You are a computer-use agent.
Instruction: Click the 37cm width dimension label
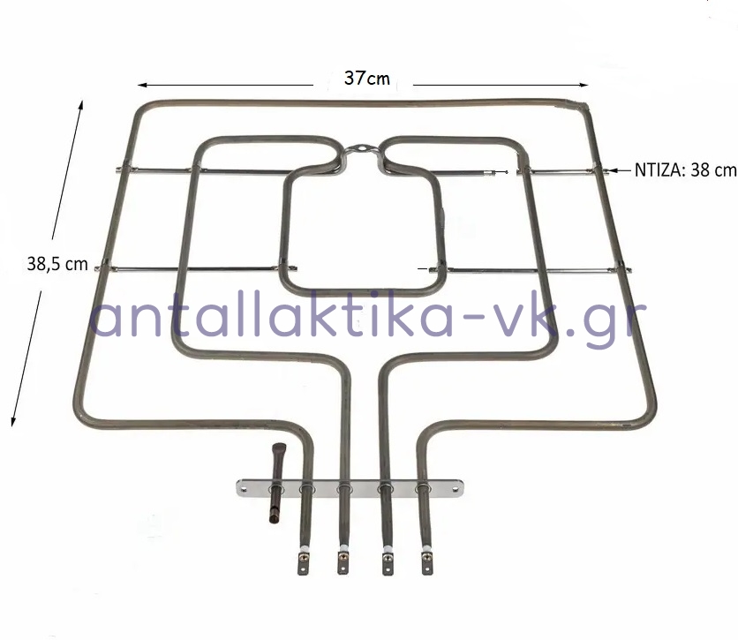(x=367, y=78)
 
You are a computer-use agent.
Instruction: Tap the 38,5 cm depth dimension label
(x=57, y=264)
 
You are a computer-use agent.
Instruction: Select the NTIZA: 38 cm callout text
(x=685, y=169)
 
